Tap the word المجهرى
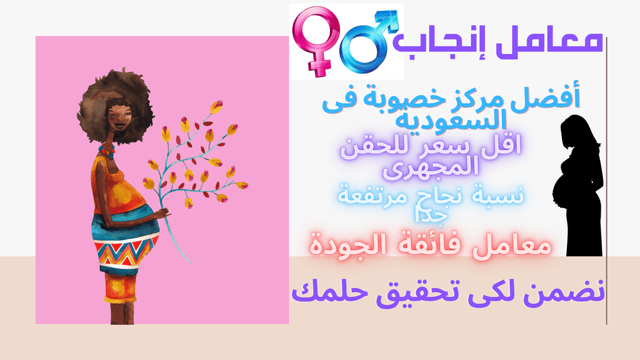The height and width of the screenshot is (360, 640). [431, 167]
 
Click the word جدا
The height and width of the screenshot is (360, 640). [431, 215]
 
